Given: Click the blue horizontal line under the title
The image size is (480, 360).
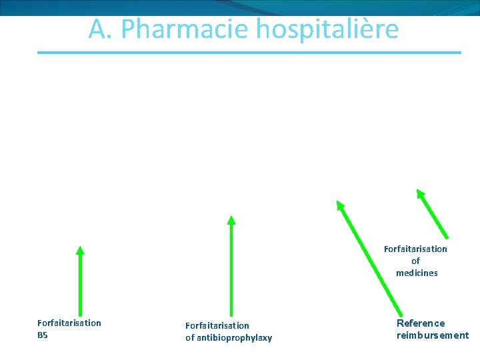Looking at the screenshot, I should [249, 52].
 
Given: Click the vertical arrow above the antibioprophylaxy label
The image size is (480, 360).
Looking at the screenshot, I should [231, 267].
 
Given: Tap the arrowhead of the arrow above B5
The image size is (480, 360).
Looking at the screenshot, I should [80, 251].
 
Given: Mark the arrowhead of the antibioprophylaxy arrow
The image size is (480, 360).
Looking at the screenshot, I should [231, 220].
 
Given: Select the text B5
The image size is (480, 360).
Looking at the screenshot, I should [43, 335].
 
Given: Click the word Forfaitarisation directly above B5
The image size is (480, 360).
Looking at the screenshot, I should [69, 323].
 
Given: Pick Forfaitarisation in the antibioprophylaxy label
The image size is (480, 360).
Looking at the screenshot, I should [217, 326].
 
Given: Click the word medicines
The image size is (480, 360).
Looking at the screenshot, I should [417, 273].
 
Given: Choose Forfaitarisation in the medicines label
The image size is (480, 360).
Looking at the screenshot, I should [415, 249].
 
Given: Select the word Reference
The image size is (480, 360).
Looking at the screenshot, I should [421, 323].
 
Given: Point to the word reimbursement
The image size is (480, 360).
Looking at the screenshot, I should [433, 335].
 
